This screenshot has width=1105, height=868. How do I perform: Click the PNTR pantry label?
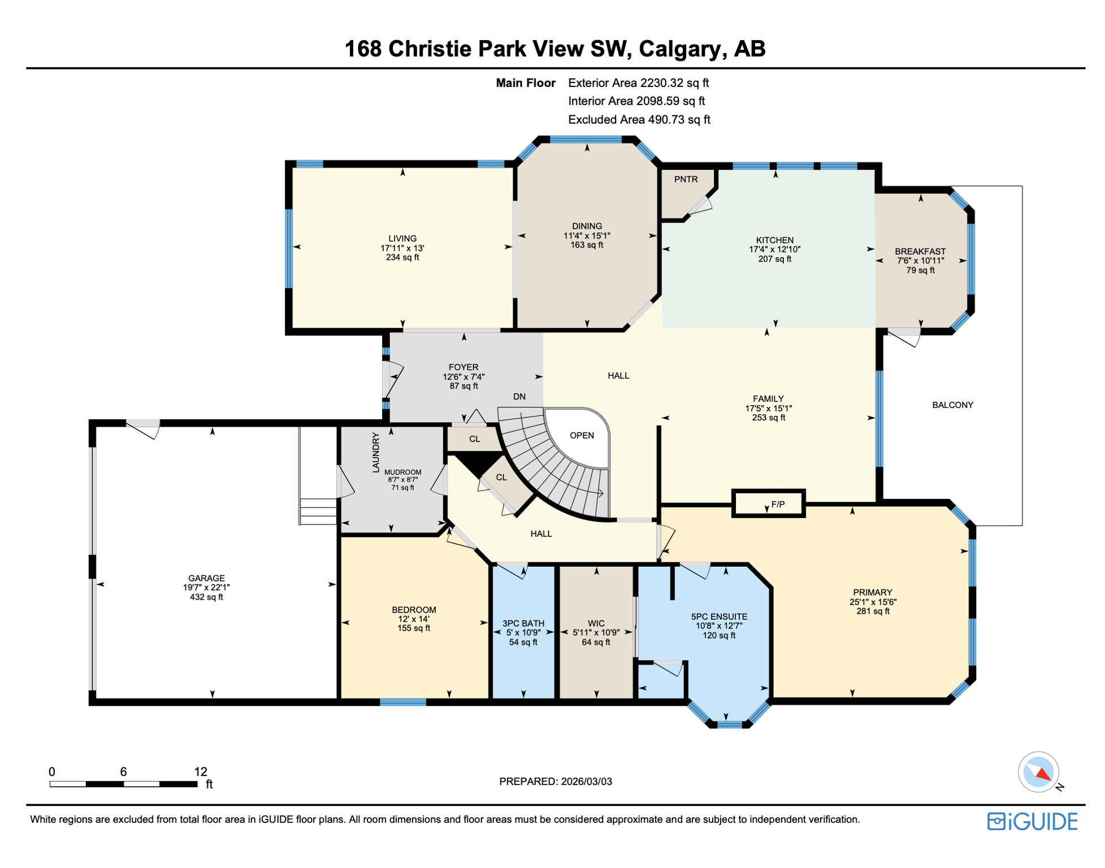[x=686, y=179]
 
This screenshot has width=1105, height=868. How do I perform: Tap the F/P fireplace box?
[x=778, y=504]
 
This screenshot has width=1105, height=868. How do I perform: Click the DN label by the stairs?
[x=519, y=397]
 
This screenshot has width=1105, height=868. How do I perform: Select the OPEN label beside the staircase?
[x=582, y=436]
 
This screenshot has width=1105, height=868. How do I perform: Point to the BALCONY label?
[x=952, y=405]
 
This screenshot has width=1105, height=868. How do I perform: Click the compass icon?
[x=1038, y=772]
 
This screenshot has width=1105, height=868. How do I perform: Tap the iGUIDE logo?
[x=1032, y=821]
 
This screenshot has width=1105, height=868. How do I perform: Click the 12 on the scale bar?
[x=201, y=772]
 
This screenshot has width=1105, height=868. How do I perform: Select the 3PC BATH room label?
[x=523, y=623]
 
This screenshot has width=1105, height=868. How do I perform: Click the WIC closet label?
[x=596, y=623]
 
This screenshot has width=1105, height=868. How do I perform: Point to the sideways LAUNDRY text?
[x=376, y=452]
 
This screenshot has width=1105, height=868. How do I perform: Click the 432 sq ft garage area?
[x=206, y=597]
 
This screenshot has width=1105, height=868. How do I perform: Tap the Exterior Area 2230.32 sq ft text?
[x=638, y=83]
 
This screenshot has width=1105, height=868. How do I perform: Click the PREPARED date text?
[x=555, y=782]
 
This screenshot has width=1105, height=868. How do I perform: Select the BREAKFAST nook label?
[x=920, y=251]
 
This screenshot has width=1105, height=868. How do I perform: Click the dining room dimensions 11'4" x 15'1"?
[x=587, y=236]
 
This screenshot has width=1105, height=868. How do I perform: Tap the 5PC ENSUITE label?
[x=719, y=617]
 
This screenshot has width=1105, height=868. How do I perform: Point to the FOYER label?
[x=463, y=367]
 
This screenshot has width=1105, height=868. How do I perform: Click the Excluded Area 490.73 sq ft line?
[x=639, y=120]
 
